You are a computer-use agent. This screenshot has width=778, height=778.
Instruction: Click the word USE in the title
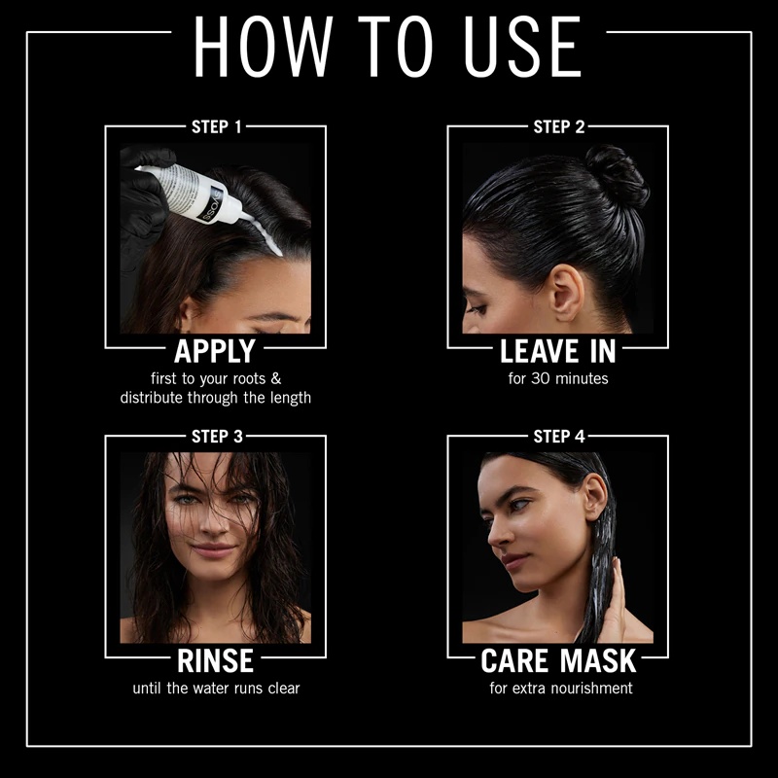click(522, 47)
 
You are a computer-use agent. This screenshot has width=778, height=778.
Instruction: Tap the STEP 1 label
click(216, 127)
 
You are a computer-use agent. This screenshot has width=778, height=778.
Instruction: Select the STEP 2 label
click(559, 127)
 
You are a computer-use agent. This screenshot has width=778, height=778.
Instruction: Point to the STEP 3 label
click(217, 437)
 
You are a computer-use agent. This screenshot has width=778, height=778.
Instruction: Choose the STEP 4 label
click(559, 437)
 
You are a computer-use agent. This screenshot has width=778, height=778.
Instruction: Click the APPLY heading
click(215, 351)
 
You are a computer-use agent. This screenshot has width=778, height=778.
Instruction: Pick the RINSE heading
click(215, 661)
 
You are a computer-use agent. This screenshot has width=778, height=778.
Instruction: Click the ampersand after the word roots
click(276, 378)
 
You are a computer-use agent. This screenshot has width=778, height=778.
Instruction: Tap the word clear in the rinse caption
click(284, 689)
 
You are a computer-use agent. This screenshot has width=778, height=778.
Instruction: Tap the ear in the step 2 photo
click(567, 293)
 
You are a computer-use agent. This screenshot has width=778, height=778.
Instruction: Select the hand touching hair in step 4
click(615, 598)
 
